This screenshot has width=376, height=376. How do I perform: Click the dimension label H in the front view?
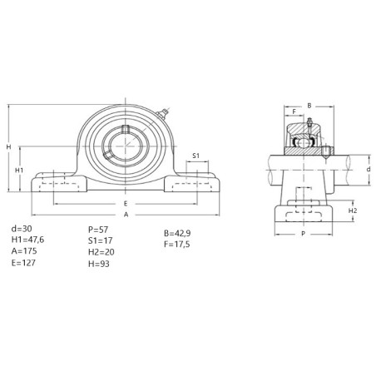coord(8,146)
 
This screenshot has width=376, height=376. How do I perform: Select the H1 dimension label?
coord(19,171)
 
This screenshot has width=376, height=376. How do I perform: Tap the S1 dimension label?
coord(196,156)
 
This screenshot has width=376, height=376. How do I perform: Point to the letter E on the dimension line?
coord(126,204)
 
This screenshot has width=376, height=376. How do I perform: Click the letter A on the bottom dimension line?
coord(126,215)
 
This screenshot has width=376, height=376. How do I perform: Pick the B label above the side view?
coord(309,106)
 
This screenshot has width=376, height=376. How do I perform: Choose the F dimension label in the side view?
coord(294,111)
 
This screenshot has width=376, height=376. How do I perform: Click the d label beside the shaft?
coord(369,169)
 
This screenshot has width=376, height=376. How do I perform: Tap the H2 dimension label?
coord(353,210)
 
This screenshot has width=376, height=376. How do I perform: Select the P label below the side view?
coord(303,234)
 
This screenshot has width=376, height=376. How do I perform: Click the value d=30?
coord(22,229)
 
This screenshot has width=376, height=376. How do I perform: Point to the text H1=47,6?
coord(27,240)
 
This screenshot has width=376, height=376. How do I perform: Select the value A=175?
coord(24,251)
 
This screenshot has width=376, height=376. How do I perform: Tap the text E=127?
coord(23,263)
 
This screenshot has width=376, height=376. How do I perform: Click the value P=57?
coord(98,230)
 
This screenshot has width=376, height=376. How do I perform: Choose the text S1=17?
coord(101,240)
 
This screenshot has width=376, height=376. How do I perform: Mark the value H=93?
coord(99,264)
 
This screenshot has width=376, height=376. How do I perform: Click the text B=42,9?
coord(177,234)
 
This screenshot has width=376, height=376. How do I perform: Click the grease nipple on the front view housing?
coord(162,114)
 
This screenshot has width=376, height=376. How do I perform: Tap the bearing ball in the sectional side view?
coord(304,142)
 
